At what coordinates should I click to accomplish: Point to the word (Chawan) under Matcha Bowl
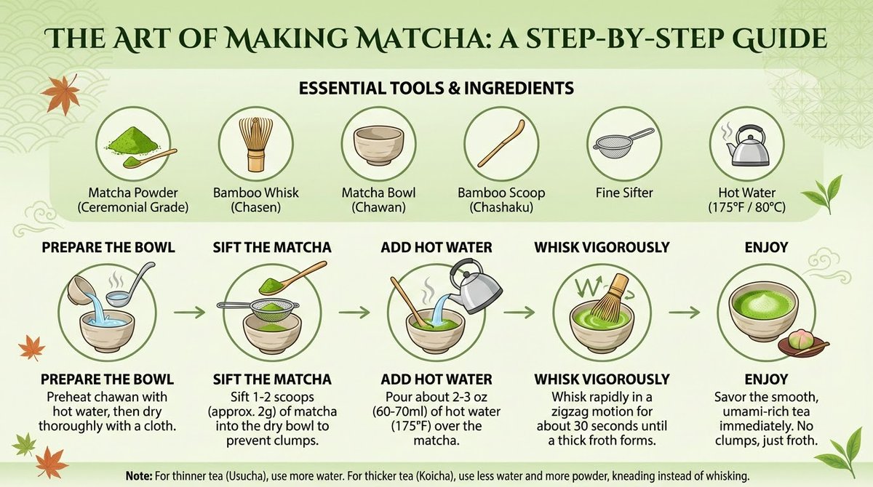coord(378,208)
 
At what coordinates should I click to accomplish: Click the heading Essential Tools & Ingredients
coord(436,88)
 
